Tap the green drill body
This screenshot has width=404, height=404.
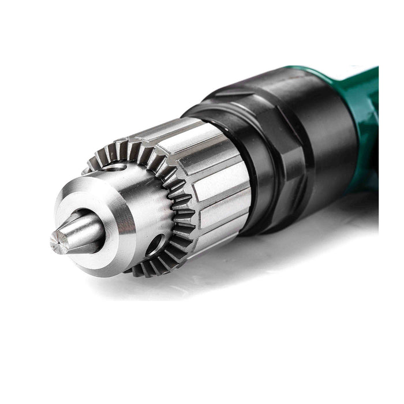tap(364, 115)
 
